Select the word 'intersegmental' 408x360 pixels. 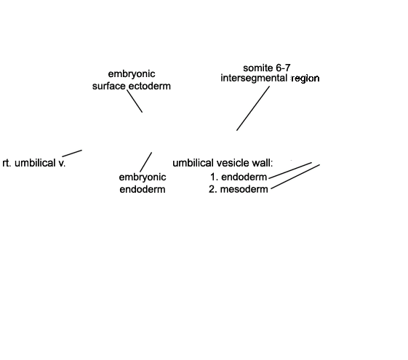pos(254,78)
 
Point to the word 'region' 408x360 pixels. pos(305,79)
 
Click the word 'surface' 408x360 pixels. pos(109,86)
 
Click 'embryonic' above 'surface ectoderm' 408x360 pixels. pos(132,74)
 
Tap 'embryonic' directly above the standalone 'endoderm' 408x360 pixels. pos(143,177)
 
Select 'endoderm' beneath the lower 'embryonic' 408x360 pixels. pos(143,189)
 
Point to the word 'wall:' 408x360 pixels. pos(263,163)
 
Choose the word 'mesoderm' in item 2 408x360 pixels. pos(244,189)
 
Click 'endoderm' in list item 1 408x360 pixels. pos(244,177)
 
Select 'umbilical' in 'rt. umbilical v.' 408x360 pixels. pos(35,163)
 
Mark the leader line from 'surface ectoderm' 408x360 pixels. pos(135,101)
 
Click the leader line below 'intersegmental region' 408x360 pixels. pos(253,108)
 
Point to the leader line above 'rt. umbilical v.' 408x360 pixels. pos(72,153)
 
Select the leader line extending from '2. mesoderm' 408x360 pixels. pos(295,177)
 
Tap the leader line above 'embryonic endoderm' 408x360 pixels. pos(146,162)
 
